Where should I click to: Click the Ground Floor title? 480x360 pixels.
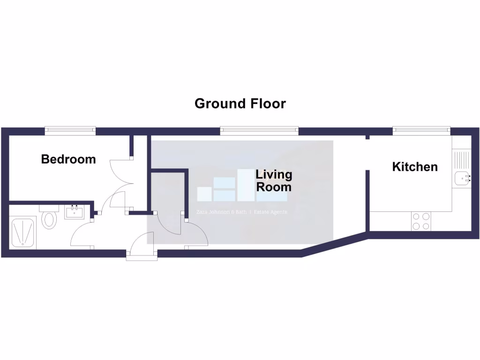pos(240,103)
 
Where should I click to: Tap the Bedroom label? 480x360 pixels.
pos(68,159)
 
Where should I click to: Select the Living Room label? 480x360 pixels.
pos(274,181)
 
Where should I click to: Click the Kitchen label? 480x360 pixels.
pos(415,166)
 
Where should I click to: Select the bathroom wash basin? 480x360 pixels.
pos(75,212)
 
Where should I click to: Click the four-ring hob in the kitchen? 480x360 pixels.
pos(420,221)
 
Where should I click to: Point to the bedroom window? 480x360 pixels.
pos(70,130)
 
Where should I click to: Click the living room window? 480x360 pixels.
pos(259,130)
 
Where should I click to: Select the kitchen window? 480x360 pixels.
pos(420,130)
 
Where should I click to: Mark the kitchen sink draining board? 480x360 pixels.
pos(462,159)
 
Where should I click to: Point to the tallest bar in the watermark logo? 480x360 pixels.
pos(246,185)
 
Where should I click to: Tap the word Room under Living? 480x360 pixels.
pos(274,187)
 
